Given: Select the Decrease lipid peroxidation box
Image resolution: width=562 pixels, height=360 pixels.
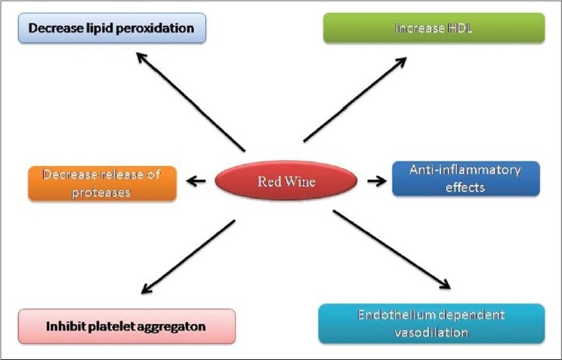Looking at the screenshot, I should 112,29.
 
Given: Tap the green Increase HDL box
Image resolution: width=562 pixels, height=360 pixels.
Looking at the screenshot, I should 433,28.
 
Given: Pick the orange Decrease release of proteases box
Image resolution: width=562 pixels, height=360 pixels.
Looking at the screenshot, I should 103,183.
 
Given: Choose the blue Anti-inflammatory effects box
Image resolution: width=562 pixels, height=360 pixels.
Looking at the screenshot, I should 466,179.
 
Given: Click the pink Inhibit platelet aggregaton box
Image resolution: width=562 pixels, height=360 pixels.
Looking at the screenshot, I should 127,326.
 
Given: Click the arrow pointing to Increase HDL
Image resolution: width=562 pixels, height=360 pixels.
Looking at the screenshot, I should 356,98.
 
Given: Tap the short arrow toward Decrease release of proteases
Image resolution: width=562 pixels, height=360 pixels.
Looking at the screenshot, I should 196,181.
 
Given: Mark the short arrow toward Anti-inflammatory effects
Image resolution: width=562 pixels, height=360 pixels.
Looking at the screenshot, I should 375,181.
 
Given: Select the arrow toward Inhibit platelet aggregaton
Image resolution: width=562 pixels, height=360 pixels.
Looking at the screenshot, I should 188,257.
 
